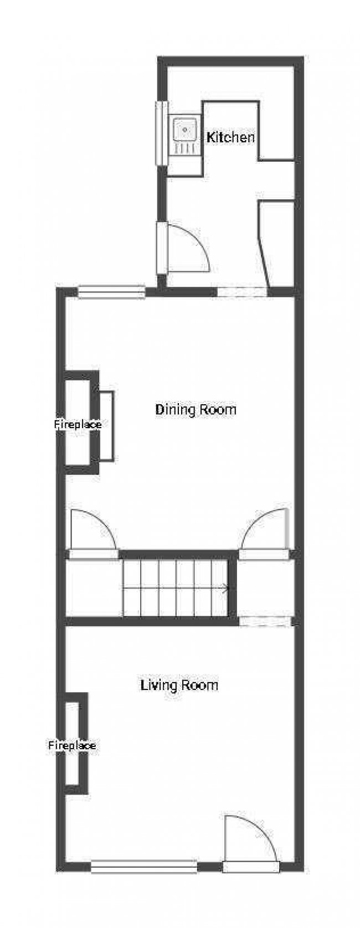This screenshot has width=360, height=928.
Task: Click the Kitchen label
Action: pyautogui.click(x=230, y=137)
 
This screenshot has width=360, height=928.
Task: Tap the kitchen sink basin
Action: pyautogui.click(x=185, y=130)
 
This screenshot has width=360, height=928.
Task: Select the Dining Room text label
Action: pyautogui.click(x=196, y=410)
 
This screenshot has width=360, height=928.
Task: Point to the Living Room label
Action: pyautogui.click(x=179, y=685)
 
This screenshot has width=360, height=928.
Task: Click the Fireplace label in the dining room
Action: pyautogui.click(x=78, y=425)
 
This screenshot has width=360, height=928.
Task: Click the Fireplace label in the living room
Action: pyautogui.click(x=72, y=746)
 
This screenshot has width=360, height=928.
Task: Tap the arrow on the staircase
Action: pyautogui.click(x=224, y=588)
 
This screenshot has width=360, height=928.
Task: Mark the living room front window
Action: pyautogui.click(x=144, y=866)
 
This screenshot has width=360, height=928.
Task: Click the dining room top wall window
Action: pyautogui.click(x=111, y=292)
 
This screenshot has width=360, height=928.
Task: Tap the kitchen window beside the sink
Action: pyautogui.click(x=161, y=133)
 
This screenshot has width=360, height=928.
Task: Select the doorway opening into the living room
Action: pyautogui.click(x=265, y=621)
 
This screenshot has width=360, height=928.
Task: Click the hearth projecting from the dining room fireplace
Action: pyautogui.click(x=106, y=426)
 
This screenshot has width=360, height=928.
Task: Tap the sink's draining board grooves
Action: pyautogui.click(x=185, y=148)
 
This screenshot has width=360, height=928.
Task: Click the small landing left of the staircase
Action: pyautogui.click(x=94, y=588)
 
